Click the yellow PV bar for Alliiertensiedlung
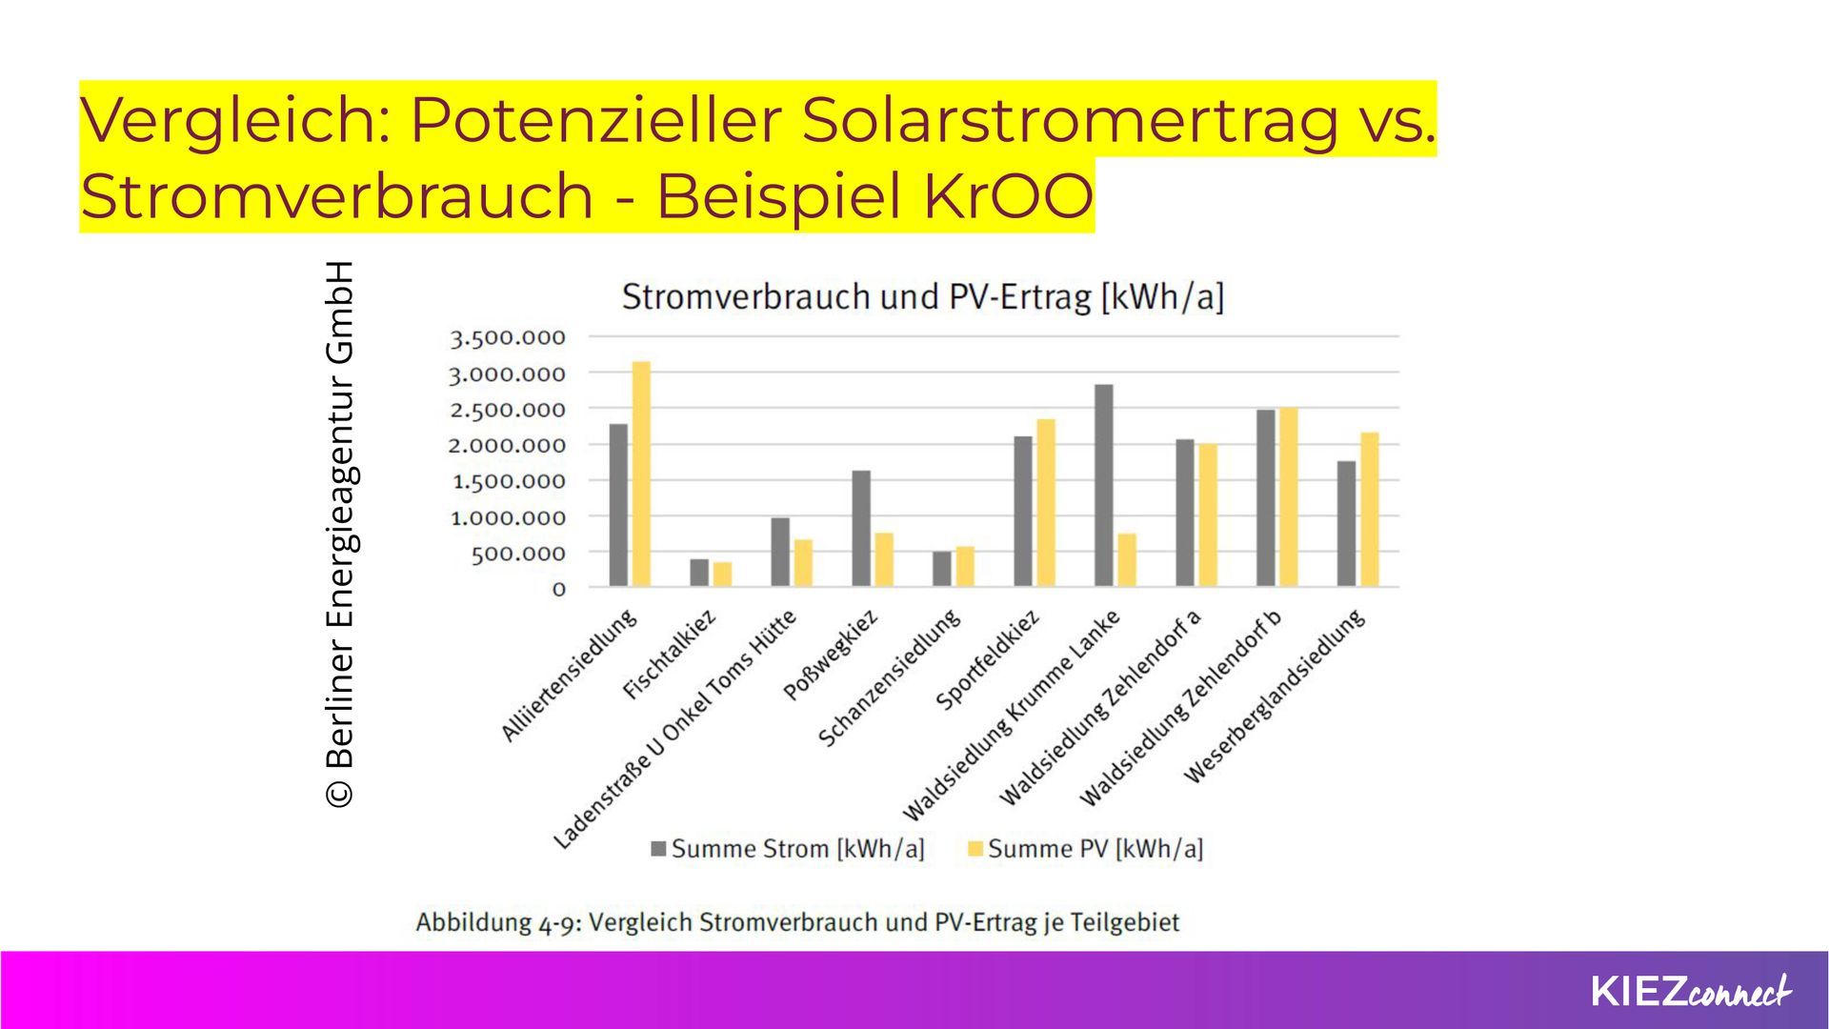click(641, 474)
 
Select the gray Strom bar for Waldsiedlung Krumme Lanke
click(1104, 486)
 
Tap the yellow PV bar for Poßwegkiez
click(884, 560)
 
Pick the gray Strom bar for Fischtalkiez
click(699, 573)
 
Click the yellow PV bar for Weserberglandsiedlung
click(1370, 510)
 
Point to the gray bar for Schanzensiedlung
click(942, 569)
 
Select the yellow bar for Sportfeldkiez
click(1046, 503)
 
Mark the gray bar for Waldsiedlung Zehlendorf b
click(1266, 498)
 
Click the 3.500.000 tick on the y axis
click(508, 338)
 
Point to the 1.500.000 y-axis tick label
click(508, 482)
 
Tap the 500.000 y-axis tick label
click(518, 554)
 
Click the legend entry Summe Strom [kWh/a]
click(788, 849)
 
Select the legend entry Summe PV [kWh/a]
click(1085, 849)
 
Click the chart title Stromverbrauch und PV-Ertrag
click(922, 297)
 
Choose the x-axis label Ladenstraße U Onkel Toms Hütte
click(674, 730)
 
